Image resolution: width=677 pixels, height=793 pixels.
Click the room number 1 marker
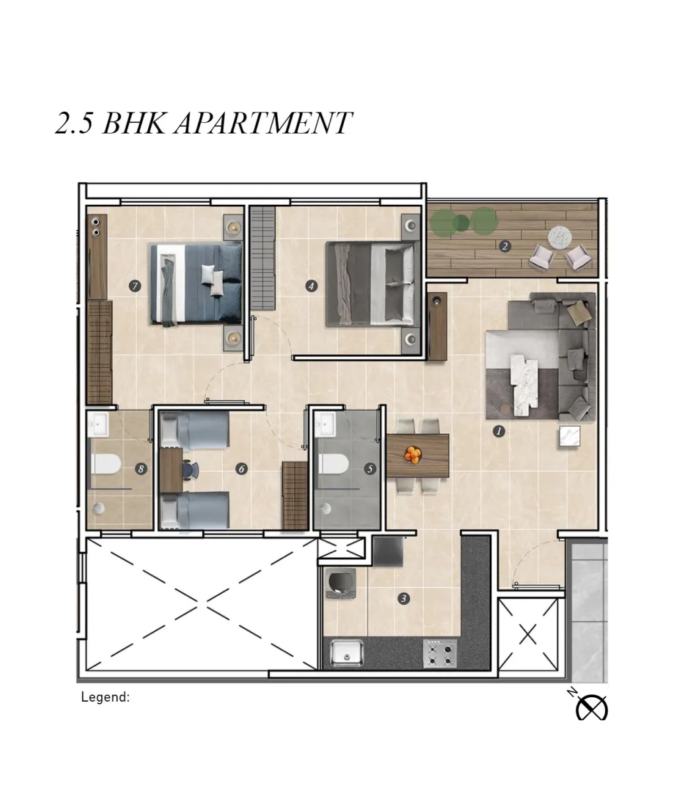click(498, 432)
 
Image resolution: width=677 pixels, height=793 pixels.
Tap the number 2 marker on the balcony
click(504, 246)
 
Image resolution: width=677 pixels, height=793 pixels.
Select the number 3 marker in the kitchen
click(403, 599)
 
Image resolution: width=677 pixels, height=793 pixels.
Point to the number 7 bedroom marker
click(135, 286)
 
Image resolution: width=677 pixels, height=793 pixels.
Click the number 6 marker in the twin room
click(241, 469)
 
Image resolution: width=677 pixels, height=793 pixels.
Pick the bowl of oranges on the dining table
click(413, 455)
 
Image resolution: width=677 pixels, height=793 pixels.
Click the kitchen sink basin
click(347, 654)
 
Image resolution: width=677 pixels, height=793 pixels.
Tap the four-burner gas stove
click(440, 654)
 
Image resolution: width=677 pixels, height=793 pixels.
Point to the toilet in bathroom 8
click(105, 464)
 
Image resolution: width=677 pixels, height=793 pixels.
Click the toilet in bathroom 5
click(333, 463)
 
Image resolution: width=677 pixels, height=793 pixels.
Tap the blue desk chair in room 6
click(191, 470)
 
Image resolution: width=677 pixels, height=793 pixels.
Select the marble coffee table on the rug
click(524, 385)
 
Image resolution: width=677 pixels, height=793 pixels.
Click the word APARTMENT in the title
click(263, 123)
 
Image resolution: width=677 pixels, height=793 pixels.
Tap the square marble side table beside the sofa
click(569, 436)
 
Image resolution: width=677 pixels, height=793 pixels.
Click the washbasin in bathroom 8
click(98, 424)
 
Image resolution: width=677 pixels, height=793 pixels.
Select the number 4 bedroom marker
click(311, 286)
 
